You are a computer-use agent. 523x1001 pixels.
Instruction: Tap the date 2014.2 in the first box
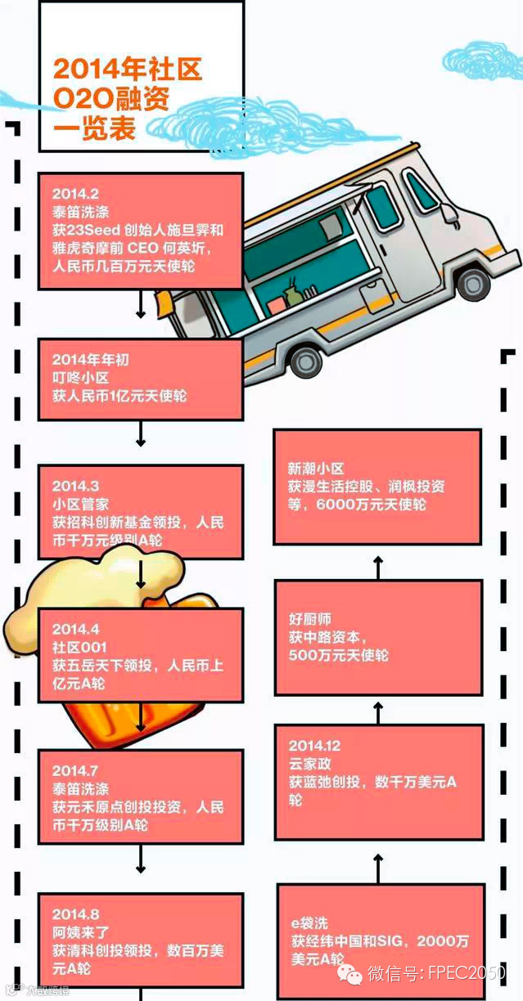tap(75, 194)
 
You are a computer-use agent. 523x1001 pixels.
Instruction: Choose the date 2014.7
tap(75, 770)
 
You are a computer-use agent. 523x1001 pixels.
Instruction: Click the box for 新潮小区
tap(376, 486)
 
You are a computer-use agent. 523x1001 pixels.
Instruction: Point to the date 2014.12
tap(314, 746)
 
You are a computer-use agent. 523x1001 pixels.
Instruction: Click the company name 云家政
tap(308, 764)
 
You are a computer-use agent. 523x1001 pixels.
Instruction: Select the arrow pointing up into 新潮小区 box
tap(377, 565)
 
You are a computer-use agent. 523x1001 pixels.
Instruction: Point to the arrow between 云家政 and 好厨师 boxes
tap(377, 711)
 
